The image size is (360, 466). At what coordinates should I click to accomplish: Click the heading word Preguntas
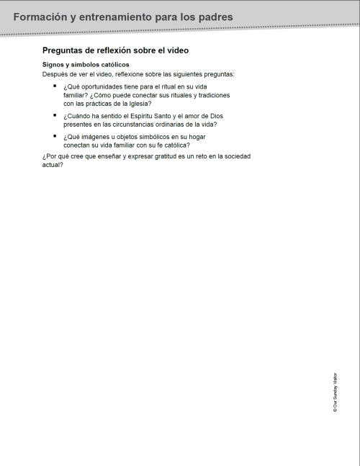coord(66,51)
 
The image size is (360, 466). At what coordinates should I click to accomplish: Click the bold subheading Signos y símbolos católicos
coord(86,66)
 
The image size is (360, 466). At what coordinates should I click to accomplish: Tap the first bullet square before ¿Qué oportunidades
coord(54,86)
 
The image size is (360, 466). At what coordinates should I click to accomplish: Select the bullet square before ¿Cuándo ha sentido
coord(54,115)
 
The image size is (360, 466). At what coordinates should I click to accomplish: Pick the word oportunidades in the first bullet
coord(104,87)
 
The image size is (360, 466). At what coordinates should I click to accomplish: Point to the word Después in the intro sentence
coord(55,74)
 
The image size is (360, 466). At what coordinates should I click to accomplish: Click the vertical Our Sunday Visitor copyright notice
coord(335,393)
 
